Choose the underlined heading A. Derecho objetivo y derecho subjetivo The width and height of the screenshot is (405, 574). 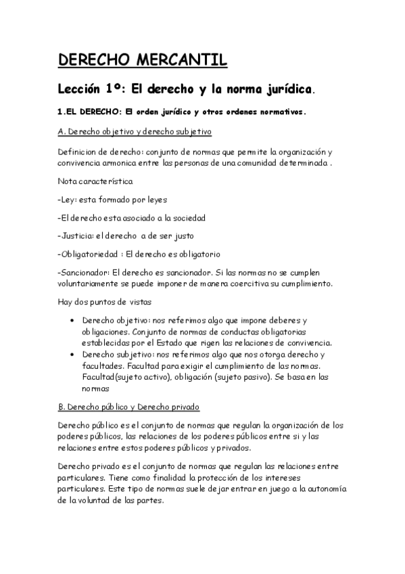pyautogui.click(x=135, y=131)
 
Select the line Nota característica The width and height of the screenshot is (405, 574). pyautogui.click(x=95, y=181)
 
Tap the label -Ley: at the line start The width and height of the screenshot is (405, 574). pyautogui.click(x=68, y=200)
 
